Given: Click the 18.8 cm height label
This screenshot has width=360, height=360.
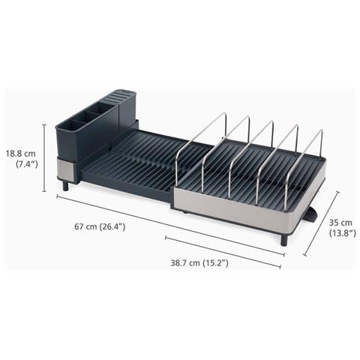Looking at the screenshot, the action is [21, 153].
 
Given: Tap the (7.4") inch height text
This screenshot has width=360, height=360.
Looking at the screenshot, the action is [27, 164].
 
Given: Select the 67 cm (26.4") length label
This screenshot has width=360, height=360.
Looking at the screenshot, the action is [100, 226].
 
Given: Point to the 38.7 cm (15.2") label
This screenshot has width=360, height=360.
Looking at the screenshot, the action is [199, 262].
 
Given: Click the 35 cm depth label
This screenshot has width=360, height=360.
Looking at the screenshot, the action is [340, 222].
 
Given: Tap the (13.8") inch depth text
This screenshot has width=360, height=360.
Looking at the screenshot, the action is [342, 233].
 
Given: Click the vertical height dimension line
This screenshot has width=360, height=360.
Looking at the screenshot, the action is [44, 158].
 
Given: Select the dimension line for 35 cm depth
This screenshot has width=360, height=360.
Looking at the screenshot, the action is [321, 223].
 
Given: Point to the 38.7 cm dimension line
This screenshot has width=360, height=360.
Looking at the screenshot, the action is [223, 252].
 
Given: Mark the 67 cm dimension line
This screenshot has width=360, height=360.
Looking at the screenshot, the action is [171, 225].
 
